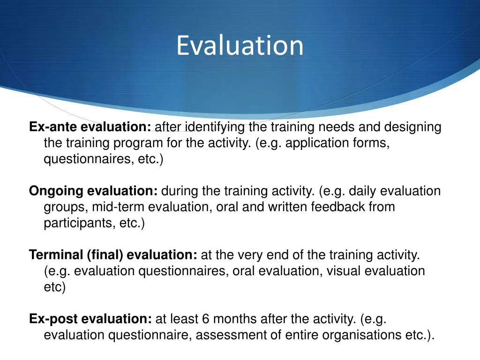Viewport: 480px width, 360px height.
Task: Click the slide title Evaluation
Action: (240, 45)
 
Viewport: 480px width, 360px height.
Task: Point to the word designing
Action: (413, 127)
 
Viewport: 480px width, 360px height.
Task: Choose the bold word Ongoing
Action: (56, 191)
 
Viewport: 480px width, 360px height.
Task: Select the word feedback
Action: (341, 207)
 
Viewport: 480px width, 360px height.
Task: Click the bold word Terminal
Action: (56, 255)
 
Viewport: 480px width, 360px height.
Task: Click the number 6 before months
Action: (206, 319)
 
